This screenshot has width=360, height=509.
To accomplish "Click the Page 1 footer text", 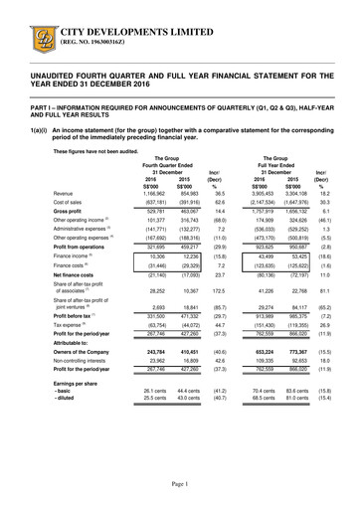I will coord(180,482).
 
